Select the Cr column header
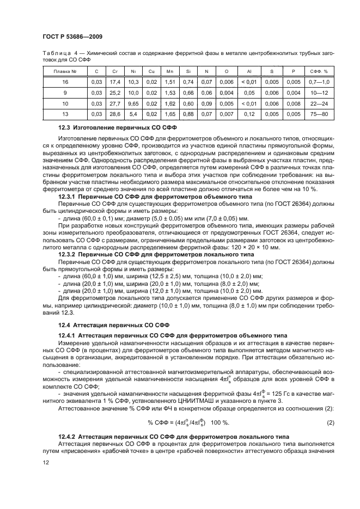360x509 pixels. point(115,71)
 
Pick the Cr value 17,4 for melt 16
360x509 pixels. point(115,82)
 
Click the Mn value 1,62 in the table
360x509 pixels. point(170,103)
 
